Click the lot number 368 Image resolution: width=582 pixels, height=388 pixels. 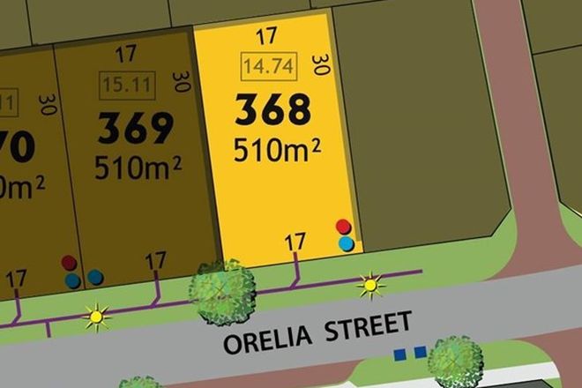[x=272, y=110]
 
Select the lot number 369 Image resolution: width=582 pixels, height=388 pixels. [x=136, y=130]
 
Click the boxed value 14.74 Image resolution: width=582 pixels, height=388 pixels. [x=269, y=65]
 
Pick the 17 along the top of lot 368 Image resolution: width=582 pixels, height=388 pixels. [x=266, y=36]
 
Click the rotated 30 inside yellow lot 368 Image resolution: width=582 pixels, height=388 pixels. [x=321, y=66]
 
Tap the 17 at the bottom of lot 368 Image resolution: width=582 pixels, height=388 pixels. [x=295, y=240]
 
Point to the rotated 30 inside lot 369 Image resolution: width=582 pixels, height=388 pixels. [x=183, y=83]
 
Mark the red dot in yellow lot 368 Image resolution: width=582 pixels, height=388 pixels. [x=343, y=227]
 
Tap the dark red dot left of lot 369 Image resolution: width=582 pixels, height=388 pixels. [x=69, y=263]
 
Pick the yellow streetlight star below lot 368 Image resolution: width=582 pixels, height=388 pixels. [x=369, y=285]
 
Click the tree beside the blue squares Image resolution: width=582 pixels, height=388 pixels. [x=455, y=362]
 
